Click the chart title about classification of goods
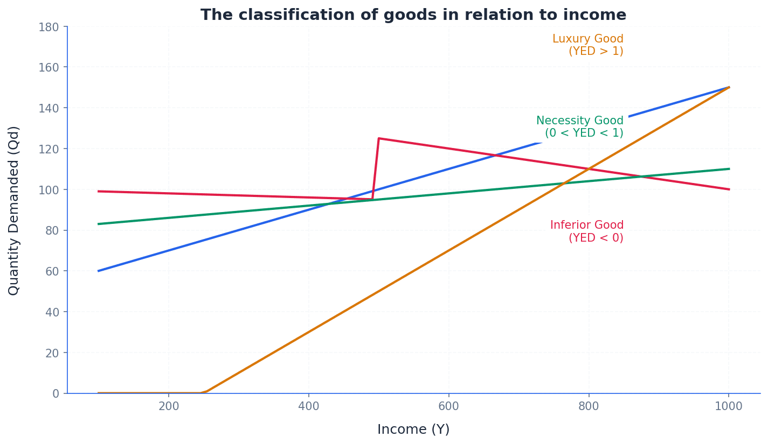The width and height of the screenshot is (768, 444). (413, 15)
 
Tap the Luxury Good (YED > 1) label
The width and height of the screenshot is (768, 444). (587, 45)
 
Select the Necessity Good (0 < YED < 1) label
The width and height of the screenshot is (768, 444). (579, 127)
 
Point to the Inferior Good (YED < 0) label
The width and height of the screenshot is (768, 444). (586, 231)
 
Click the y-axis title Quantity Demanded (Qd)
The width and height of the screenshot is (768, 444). (14, 210)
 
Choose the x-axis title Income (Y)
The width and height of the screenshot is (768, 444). (413, 429)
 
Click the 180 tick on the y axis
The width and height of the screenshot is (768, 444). (49, 26)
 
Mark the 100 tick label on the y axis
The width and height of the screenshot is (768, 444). (49, 189)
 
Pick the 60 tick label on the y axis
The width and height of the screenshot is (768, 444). (52, 271)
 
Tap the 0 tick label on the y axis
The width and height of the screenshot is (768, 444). (56, 393)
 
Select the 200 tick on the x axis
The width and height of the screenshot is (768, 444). (169, 406)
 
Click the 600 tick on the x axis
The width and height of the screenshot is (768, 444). (448, 406)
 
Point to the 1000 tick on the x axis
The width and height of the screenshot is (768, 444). (729, 406)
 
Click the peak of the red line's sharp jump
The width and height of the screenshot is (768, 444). (379, 138)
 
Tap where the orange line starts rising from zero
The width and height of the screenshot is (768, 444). (205, 392)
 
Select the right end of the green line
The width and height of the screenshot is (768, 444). (729, 169)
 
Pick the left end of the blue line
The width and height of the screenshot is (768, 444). (99, 271)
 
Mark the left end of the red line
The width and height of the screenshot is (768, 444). (99, 191)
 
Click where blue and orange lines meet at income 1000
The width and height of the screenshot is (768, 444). (729, 87)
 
